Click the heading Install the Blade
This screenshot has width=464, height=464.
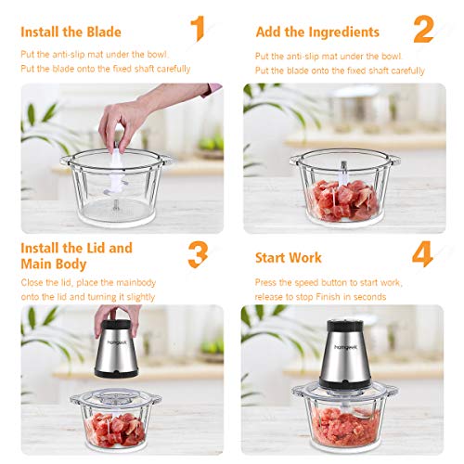pyautogui.click(x=68, y=32)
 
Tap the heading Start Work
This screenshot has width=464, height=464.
pyautogui.click(x=289, y=257)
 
